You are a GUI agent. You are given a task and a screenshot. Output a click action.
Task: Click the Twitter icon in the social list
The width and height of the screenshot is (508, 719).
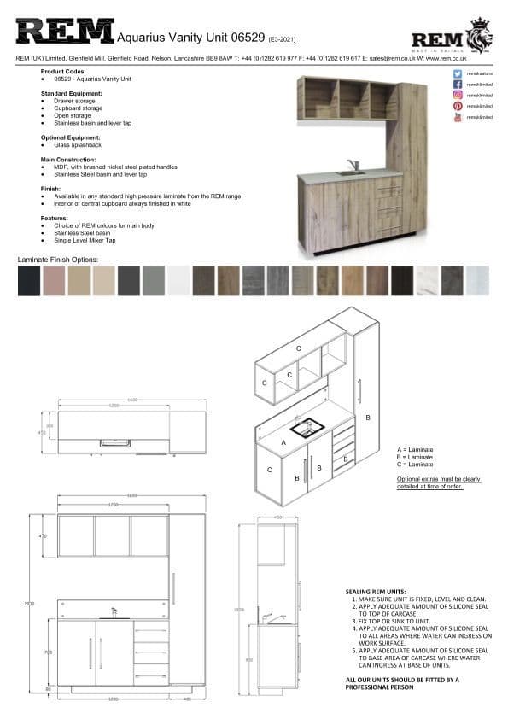pos(458,75)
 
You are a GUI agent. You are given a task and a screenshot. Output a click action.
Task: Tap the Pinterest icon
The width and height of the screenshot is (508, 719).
pos(458,106)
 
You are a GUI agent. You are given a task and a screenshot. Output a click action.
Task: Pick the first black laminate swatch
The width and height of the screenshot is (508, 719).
pos(29,280)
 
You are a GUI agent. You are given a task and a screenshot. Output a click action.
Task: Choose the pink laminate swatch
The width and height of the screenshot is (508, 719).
pos(54,280)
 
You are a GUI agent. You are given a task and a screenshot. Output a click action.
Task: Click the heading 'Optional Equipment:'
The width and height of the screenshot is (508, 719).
pos(71,137)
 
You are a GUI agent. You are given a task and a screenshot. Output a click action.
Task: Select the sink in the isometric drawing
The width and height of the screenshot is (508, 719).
pos(305,427)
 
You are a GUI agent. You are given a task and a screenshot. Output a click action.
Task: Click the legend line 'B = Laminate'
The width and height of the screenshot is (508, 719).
pos(415,457)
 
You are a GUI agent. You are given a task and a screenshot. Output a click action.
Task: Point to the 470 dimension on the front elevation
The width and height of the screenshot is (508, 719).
pos(44,535)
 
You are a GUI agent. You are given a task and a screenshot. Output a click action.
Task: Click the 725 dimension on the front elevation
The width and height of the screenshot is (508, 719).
pos(44,652)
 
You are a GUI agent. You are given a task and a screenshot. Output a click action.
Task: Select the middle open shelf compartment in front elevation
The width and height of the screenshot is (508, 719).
pos(113,535)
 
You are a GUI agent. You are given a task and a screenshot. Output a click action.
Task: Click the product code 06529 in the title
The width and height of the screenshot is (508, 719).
pos(247,38)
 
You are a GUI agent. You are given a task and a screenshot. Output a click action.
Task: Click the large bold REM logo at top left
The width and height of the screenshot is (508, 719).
pos(65,32)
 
